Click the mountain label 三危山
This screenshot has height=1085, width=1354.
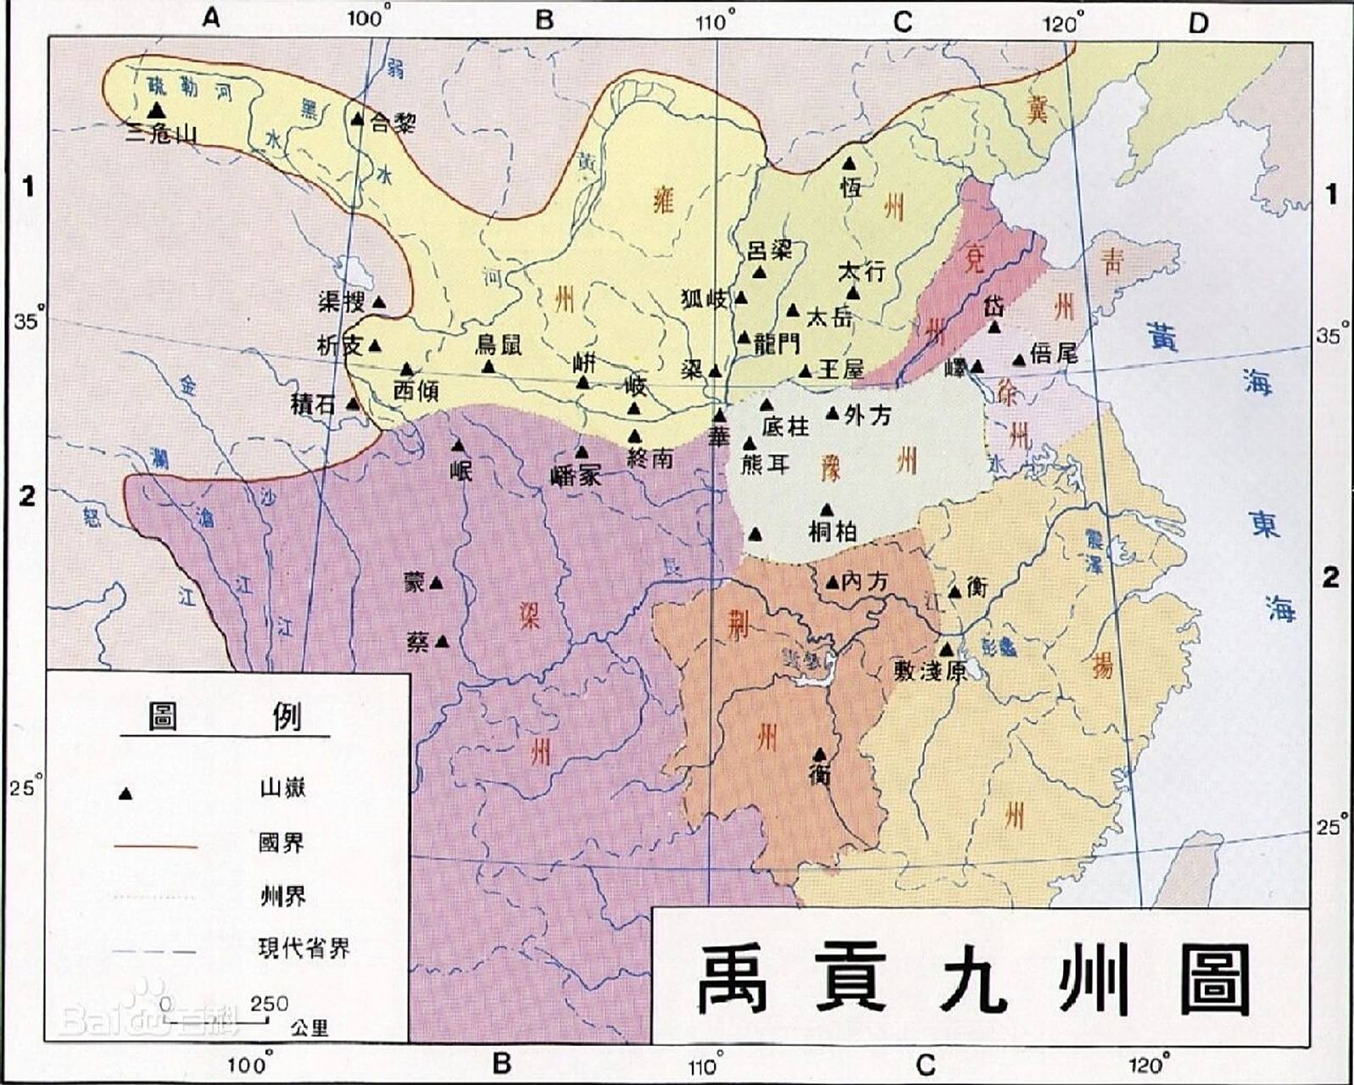pos(161,133)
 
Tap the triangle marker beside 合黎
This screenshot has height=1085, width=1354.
pos(357,120)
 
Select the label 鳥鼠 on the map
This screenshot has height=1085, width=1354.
pos(499,344)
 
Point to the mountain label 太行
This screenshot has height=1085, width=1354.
pos(861,271)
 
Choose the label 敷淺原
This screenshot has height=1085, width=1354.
pos(930,670)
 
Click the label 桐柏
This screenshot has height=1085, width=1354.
pos(833,531)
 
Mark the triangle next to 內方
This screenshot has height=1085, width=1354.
pos(832,582)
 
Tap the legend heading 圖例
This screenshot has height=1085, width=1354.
pos(224,717)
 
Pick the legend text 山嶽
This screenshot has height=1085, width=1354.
pos(282,788)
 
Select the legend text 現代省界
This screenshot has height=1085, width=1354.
pos(304,948)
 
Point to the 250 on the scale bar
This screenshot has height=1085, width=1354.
pos(269,1003)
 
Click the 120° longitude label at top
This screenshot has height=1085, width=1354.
pos(1062,23)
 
